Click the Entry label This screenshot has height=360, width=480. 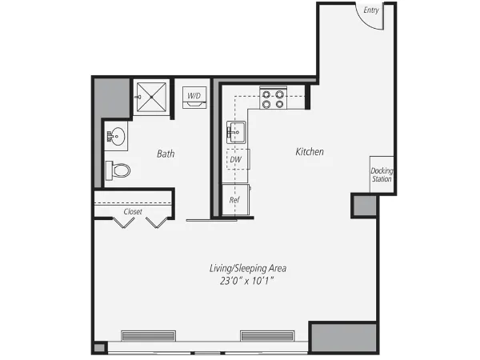(370, 10)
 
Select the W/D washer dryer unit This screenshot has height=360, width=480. (194, 96)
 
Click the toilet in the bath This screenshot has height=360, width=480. (118, 170)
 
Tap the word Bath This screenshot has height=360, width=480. (166, 154)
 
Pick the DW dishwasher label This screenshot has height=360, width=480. (236, 159)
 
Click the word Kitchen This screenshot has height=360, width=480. (310, 151)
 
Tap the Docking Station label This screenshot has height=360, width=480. (382, 174)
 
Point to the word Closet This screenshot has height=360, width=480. (133, 212)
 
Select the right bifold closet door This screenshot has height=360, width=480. (158, 222)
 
